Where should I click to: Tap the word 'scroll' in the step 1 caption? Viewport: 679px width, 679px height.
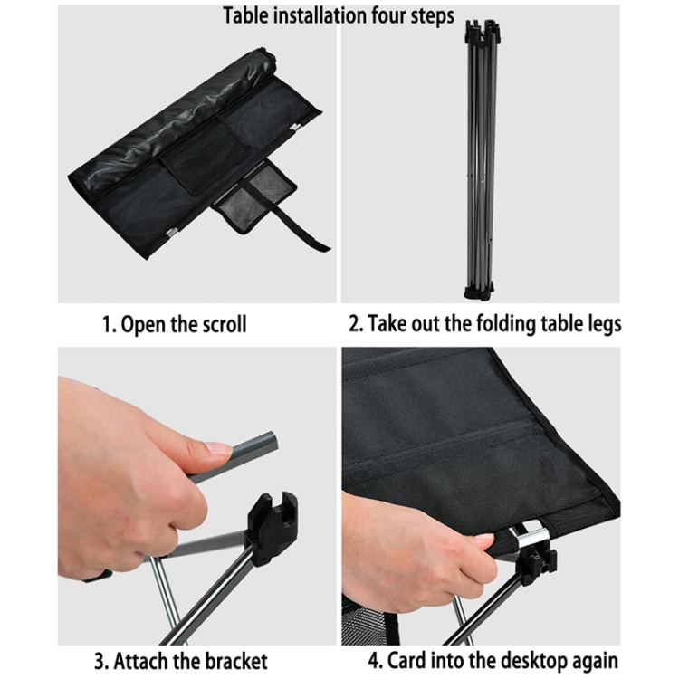[225, 324]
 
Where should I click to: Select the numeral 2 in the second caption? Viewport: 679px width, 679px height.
[355, 324]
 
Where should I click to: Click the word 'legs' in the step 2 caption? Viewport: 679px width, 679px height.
[603, 326]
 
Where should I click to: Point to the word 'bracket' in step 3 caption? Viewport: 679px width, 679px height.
[235, 661]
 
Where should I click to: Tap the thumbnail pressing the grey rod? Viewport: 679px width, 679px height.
[219, 447]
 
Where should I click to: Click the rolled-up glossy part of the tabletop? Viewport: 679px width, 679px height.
[173, 120]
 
